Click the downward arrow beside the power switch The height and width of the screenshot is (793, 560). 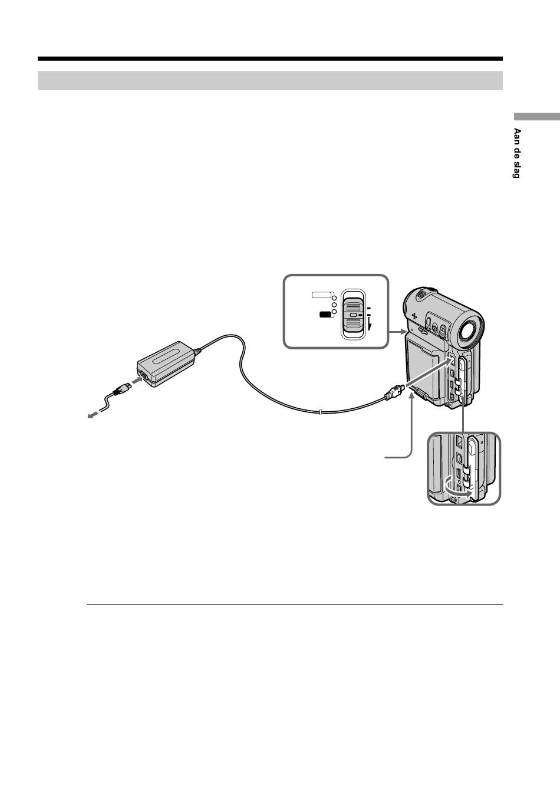click(x=370, y=324)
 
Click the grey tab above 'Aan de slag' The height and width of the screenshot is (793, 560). click(x=536, y=116)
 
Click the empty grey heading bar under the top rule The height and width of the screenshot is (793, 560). click(x=270, y=81)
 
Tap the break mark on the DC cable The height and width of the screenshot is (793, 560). click(x=319, y=412)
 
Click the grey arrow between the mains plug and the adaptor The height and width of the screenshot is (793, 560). click(x=136, y=382)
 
